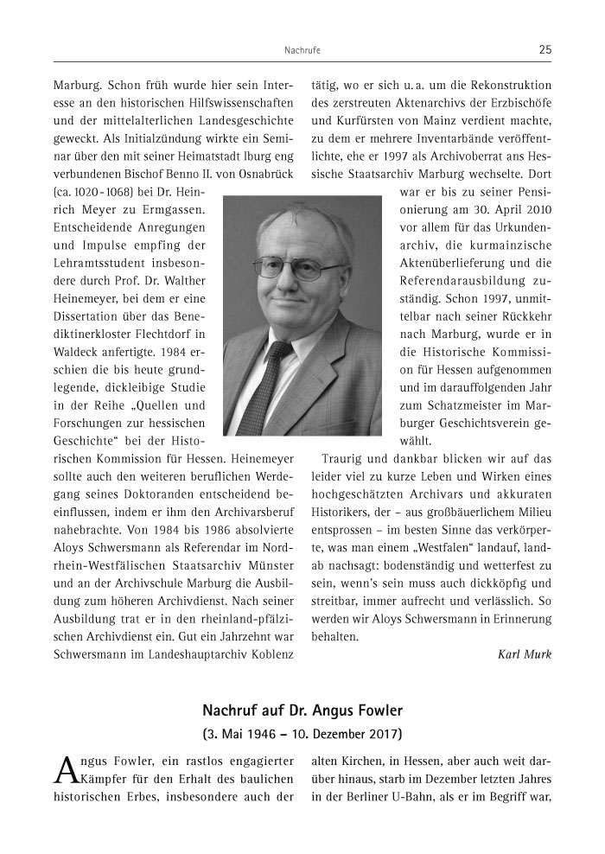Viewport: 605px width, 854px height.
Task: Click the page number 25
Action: coord(544,50)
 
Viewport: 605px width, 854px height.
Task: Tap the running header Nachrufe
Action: coord(302,51)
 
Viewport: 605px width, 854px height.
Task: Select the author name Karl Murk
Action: coord(525,653)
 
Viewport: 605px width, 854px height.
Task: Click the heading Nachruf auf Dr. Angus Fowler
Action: coord(302,711)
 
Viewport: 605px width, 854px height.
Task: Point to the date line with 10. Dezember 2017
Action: coord(302,736)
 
